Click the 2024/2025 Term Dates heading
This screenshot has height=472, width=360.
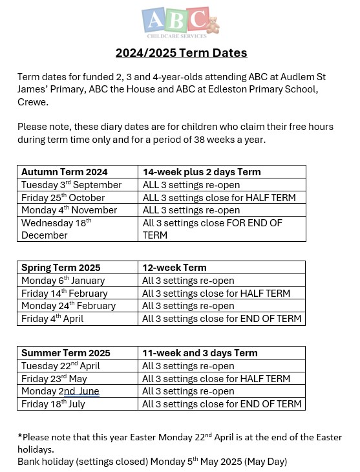[x=181, y=52]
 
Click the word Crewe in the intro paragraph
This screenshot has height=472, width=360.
[x=30, y=102]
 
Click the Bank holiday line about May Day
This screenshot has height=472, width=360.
[x=152, y=462]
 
